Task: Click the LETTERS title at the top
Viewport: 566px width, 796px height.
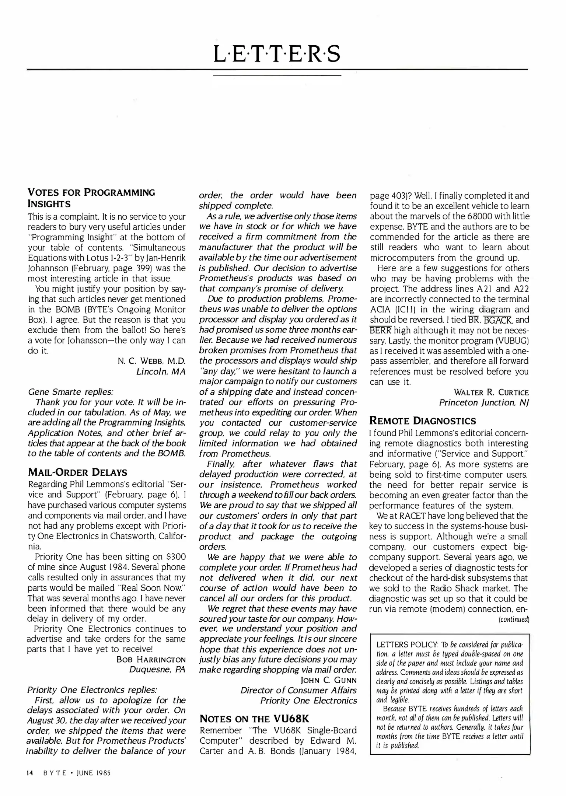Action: point(277,54)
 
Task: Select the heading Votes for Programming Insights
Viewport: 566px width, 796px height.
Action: point(91,198)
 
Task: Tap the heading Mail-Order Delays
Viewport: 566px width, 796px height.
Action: point(77,472)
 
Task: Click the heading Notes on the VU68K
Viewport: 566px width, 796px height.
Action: point(254,719)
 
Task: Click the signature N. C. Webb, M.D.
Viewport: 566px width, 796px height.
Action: point(151,361)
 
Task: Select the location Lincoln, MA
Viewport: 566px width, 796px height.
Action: point(161,371)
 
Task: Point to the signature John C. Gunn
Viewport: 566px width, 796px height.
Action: point(329,680)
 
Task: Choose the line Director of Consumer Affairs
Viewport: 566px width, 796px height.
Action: point(298,690)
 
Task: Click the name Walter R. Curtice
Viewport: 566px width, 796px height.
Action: point(491,392)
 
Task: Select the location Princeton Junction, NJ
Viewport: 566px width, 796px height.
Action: point(484,403)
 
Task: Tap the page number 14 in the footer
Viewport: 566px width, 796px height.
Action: point(30,773)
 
